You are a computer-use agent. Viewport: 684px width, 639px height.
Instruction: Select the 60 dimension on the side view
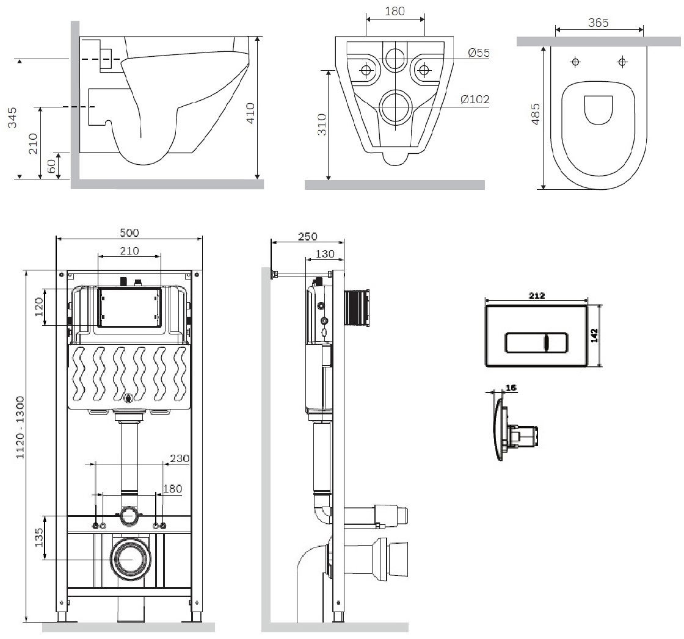(x=52, y=165)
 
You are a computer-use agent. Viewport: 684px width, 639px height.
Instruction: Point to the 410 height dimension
(x=250, y=112)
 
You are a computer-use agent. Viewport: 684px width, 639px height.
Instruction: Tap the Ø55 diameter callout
(x=479, y=53)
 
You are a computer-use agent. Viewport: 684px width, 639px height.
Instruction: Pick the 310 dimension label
(x=321, y=125)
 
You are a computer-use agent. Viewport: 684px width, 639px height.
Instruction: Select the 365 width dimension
(x=598, y=23)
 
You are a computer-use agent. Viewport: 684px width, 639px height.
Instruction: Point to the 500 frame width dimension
(x=129, y=233)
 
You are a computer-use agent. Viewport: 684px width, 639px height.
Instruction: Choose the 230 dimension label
(x=180, y=458)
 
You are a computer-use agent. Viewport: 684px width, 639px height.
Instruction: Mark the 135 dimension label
(x=39, y=538)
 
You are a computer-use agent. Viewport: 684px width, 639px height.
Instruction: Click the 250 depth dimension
(x=307, y=236)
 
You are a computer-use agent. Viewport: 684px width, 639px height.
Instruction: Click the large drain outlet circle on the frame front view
(x=129, y=558)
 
